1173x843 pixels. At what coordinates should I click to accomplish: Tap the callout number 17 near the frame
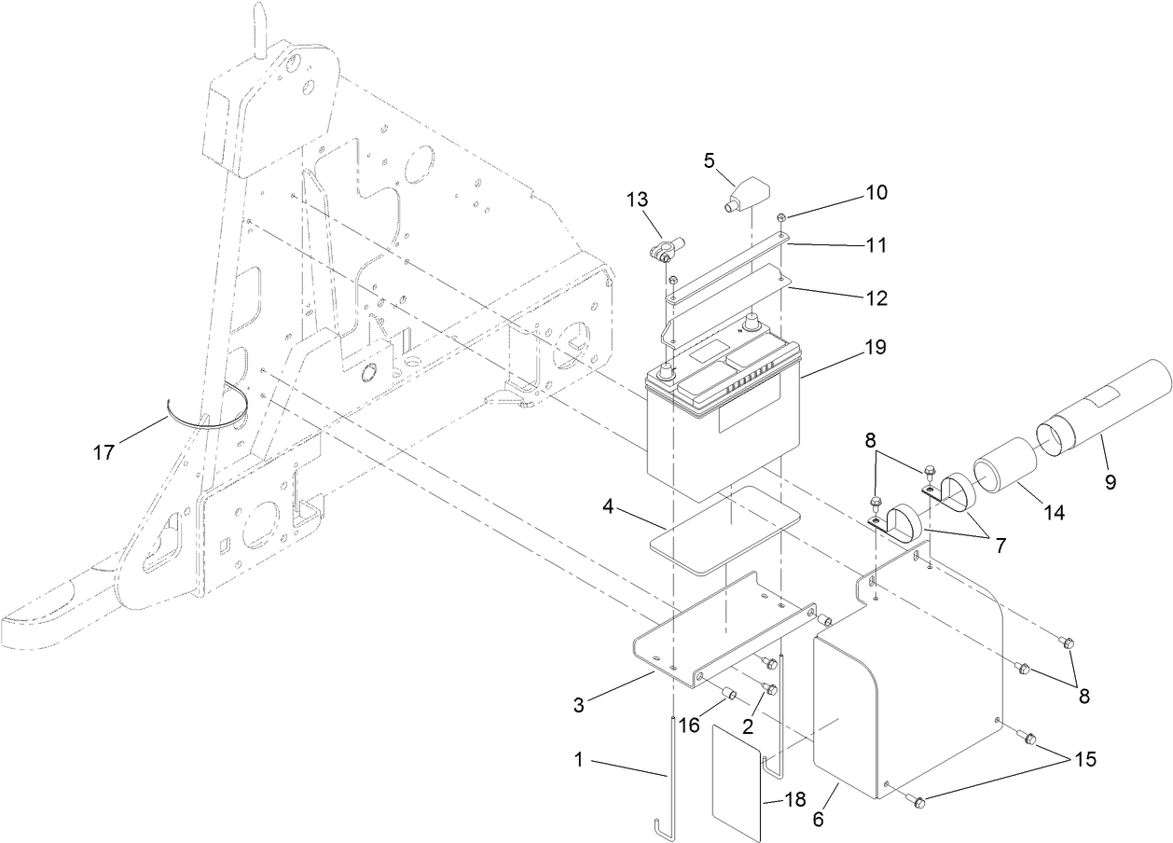click(103, 452)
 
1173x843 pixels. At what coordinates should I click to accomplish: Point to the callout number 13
click(636, 200)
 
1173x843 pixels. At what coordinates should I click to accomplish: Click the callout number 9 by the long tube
click(1109, 482)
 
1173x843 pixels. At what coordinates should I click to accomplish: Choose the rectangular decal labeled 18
click(736, 779)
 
